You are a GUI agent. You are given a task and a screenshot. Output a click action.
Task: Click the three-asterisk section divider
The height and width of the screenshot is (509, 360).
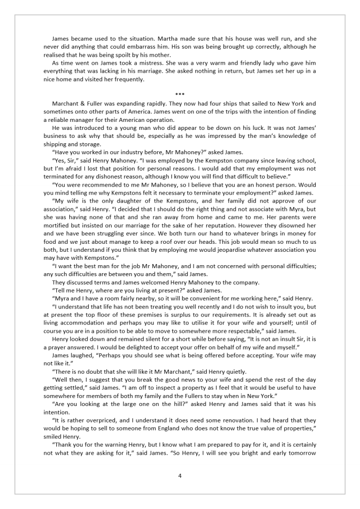click(x=180, y=95)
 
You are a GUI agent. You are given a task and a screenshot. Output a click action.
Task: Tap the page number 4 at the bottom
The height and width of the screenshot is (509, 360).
click(x=180, y=476)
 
